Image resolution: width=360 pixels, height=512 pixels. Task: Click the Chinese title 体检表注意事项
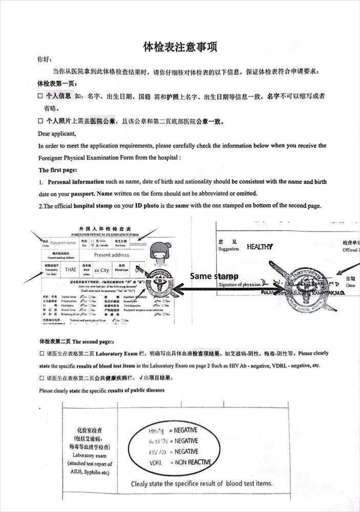(x=180, y=47)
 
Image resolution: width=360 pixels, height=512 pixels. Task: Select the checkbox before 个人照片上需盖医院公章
(x=40, y=122)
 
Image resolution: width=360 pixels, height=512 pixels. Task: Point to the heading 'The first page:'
(x=58, y=169)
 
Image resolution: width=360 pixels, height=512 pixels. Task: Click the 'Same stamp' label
(x=214, y=276)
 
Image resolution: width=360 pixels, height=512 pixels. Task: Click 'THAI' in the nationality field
(x=70, y=270)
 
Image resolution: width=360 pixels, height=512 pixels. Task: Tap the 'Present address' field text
(x=112, y=254)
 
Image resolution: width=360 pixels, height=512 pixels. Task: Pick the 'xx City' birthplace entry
(x=101, y=270)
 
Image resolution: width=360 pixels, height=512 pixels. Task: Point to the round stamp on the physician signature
(x=303, y=282)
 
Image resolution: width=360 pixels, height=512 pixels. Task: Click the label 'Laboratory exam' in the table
(x=89, y=455)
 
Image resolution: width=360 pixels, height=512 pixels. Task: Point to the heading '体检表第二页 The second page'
(x=76, y=340)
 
